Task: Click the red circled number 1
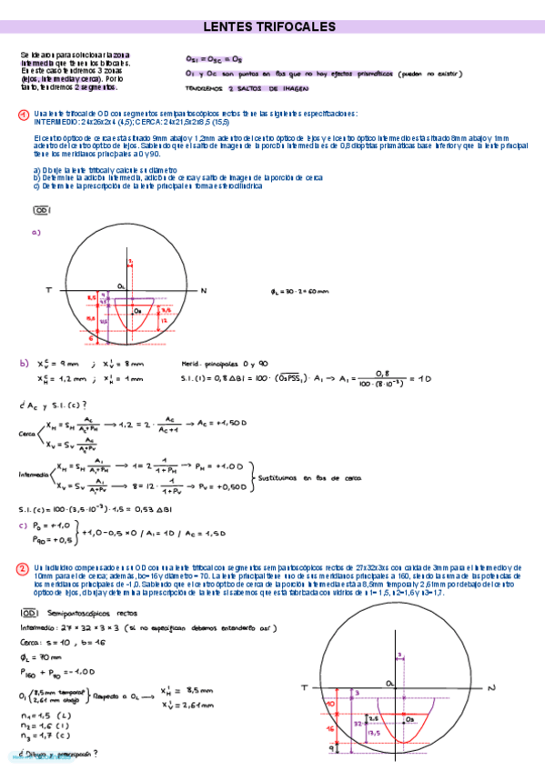[24, 114]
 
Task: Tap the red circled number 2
[24, 568]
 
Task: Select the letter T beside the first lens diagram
[47, 290]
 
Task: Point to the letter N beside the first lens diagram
[204, 290]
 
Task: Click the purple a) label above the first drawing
[36, 233]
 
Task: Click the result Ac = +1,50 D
[224, 424]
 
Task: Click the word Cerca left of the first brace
[26, 435]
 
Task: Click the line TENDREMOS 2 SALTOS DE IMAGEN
[246, 89]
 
